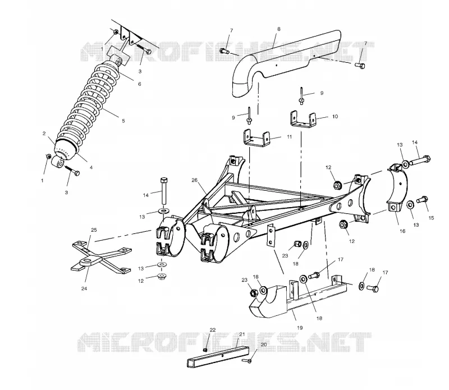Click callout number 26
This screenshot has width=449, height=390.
pyautogui.click(x=194, y=180)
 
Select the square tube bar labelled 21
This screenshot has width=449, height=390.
pyautogui.click(x=218, y=356)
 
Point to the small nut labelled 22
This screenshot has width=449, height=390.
pyautogui.click(x=205, y=350)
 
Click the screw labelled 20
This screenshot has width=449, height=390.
pyautogui.click(x=247, y=360)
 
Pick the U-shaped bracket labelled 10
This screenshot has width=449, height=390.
pyautogui.click(x=303, y=119)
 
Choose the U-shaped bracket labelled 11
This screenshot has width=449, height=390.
pyautogui.click(x=257, y=139)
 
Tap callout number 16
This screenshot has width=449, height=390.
pyautogui.click(x=402, y=231)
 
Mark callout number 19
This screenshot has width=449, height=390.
pyautogui.click(x=300, y=328)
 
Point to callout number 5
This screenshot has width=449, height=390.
pyautogui.click(x=123, y=121)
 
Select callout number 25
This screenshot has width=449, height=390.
pyautogui.click(x=94, y=230)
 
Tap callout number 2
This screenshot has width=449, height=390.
pyautogui.click(x=44, y=134)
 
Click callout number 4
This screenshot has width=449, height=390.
pyautogui.click(x=91, y=168)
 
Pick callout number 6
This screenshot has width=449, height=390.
pyautogui.click(x=140, y=84)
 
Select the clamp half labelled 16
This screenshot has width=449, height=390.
pyautogui.click(x=398, y=189)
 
